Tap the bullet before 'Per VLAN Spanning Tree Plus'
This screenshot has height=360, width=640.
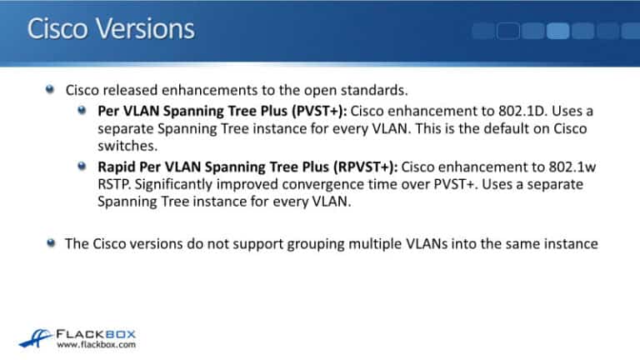tap(82, 110)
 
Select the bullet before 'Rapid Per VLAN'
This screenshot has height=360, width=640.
tap(82, 165)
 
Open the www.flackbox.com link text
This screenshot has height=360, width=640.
tap(96, 342)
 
